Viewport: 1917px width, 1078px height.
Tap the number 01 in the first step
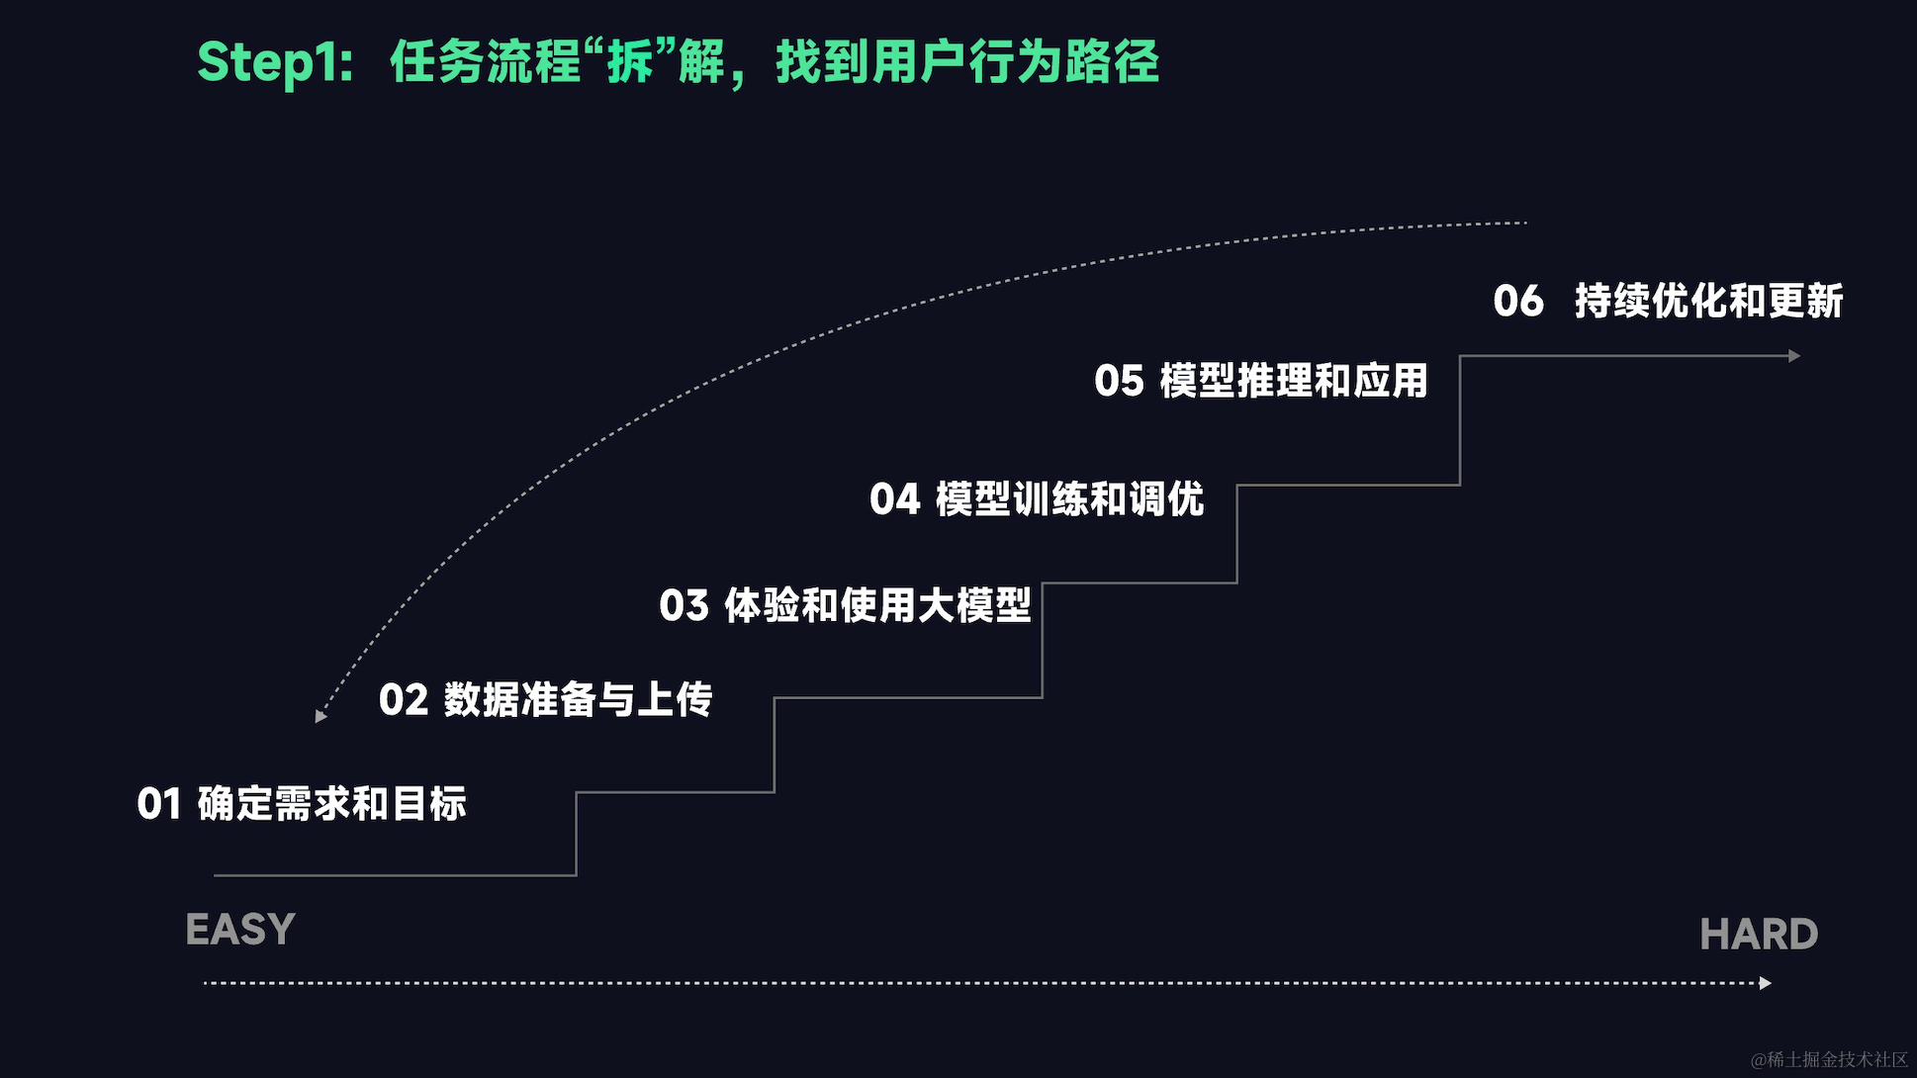click(159, 804)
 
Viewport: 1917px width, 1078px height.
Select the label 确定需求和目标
click(331, 804)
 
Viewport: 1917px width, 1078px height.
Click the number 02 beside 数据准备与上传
click(404, 700)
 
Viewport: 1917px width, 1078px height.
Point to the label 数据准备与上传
click(578, 700)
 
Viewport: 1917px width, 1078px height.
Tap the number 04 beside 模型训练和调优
click(895, 499)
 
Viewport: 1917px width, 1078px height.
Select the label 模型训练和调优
click(1069, 499)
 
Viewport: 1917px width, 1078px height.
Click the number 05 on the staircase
click(1119, 382)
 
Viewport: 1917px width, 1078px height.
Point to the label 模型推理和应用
click(1293, 382)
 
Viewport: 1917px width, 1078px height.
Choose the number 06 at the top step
click(1518, 302)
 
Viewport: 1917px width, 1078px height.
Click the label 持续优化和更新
click(1708, 302)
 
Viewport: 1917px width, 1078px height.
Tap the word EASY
click(240, 930)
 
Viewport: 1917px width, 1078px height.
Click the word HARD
click(1759, 935)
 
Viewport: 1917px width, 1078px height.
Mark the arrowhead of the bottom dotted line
click(1766, 983)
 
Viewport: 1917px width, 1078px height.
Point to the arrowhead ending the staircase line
click(1794, 356)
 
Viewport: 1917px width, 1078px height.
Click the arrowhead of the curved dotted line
click(320, 716)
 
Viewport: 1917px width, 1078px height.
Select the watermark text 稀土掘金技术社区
click(1837, 1059)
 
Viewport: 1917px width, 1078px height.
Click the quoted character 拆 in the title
click(630, 62)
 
